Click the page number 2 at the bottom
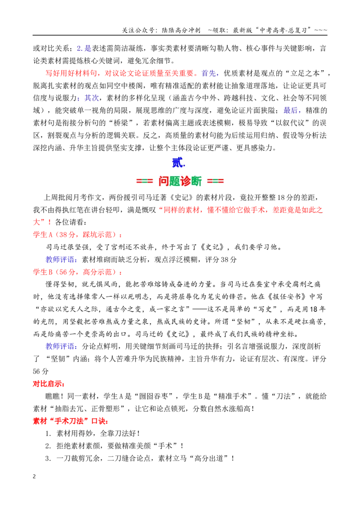(x=35, y=477)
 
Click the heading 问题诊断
(x=180, y=181)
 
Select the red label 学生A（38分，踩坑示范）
(x=78, y=235)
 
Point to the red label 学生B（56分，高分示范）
(x=78, y=272)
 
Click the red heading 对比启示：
(x=49, y=384)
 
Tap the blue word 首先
(x=209, y=73)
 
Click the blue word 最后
(x=290, y=110)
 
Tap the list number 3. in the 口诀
(x=49, y=458)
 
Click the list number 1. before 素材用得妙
(x=49, y=433)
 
